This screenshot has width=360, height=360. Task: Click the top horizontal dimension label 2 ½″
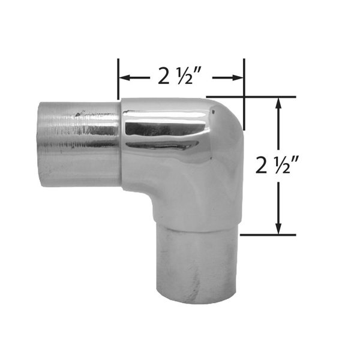point(180,76)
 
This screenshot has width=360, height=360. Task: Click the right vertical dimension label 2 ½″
point(277,164)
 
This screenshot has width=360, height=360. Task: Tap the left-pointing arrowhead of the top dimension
point(125,78)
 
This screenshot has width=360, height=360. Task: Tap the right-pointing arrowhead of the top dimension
point(238,78)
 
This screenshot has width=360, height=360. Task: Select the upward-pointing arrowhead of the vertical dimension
point(278,104)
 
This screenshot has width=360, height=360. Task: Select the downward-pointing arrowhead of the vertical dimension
point(278,228)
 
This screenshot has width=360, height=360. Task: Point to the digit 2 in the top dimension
point(163,76)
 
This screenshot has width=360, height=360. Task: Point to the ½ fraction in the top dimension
point(185,76)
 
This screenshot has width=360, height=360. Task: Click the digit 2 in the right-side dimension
point(261,164)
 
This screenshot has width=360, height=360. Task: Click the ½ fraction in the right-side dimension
point(282,164)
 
